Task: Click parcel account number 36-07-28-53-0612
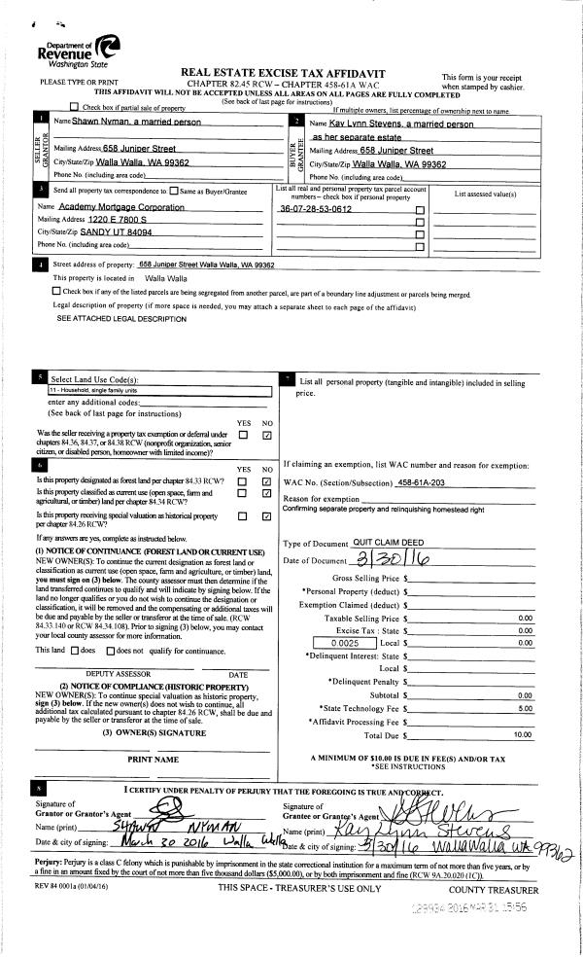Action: [x=315, y=209]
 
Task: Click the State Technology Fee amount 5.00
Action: [x=525, y=708]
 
